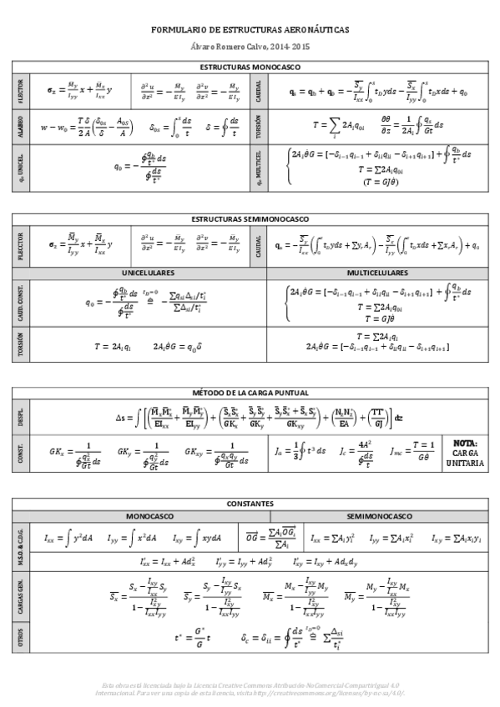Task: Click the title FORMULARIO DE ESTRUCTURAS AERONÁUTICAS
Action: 250,29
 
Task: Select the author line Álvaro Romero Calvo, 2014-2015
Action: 250,48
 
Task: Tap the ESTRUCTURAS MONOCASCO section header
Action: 250,66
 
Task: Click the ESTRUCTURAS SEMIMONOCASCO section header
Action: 250,218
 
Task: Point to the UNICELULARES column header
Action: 148,273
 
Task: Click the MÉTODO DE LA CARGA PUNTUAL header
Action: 250,392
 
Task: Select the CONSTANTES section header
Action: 250,504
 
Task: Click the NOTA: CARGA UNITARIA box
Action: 465,453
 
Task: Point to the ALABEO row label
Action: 21,128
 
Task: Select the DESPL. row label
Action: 21,416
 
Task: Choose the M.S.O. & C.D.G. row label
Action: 21,547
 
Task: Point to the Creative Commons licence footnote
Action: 250,688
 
